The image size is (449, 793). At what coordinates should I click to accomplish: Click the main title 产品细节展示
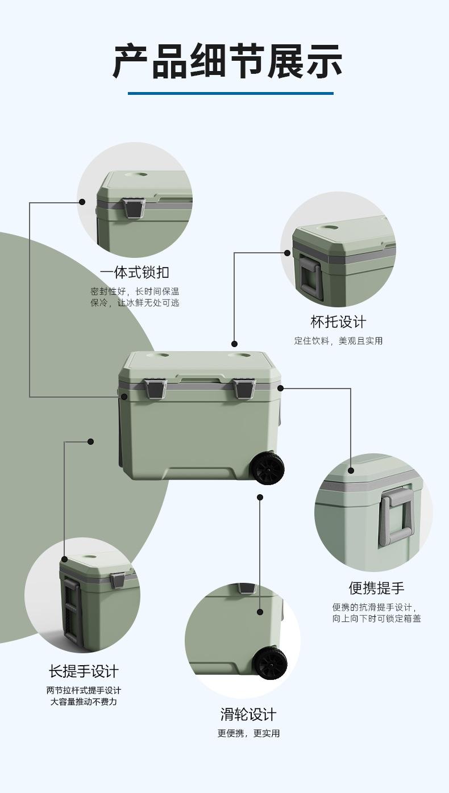(x=227, y=61)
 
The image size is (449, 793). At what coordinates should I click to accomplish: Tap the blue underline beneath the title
(x=231, y=94)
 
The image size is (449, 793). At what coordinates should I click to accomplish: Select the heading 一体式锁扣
(x=135, y=272)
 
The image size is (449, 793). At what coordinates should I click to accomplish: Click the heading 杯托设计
(x=338, y=322)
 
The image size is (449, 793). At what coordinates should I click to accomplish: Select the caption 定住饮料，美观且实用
(x=338, y=341)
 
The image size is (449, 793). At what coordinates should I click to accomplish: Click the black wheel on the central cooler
(x=267, y=468)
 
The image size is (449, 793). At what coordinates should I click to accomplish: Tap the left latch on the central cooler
(x=155, y=388)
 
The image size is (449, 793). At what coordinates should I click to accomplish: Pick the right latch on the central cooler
(x=244, y=388)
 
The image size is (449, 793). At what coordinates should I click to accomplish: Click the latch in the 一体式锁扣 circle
(x=134, y=209)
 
